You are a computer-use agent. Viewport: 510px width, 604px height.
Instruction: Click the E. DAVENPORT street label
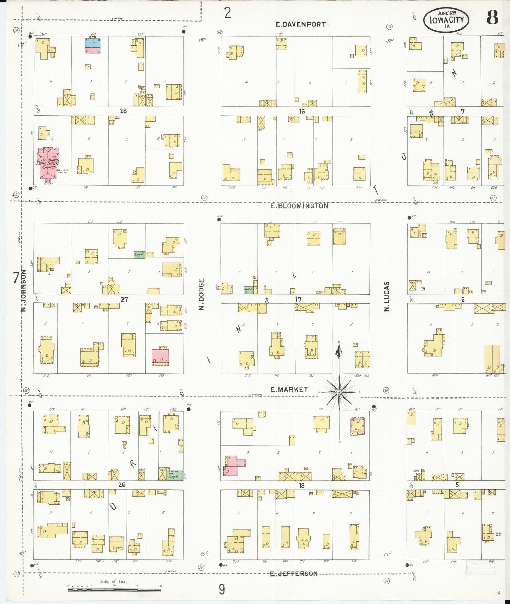tap(300, 24)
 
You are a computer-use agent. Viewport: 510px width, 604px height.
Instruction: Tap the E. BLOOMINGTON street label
tap(299, 206)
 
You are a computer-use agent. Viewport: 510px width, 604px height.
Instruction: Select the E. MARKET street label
tap(289, 389)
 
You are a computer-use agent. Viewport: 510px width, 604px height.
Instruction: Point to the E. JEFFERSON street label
tap(294, 574)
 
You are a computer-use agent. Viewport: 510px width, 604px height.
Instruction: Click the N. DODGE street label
tap(202, 295)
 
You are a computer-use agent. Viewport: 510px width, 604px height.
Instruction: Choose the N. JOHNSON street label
tap(24, 291)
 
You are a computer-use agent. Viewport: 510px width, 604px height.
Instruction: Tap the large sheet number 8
tap(492, 17)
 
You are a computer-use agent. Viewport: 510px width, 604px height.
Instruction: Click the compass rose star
tap(339, 392)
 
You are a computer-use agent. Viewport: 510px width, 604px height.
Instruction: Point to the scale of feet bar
tap(114, 588)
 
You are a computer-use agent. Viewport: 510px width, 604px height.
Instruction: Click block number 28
tap(123, 111)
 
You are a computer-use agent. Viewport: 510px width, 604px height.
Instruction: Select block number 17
tap(298, 299)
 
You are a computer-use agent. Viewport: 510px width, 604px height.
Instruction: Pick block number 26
tap(121, 485)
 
